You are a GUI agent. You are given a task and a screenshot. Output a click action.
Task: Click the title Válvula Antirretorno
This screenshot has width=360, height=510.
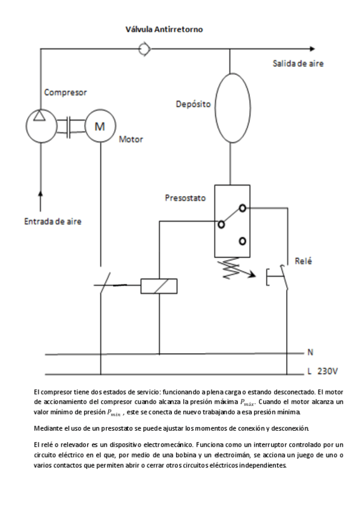click(164, 29)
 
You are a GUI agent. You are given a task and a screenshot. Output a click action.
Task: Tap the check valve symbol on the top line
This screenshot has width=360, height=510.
click(144, 49)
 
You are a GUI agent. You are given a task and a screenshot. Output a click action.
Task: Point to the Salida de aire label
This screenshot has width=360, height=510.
click(298, 63)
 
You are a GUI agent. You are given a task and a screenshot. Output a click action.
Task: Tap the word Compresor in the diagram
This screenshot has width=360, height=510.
click(66, 93)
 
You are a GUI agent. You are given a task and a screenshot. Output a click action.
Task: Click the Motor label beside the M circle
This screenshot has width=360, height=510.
click(131, 139)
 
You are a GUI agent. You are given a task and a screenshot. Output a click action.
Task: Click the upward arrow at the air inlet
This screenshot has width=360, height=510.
click(41, 194)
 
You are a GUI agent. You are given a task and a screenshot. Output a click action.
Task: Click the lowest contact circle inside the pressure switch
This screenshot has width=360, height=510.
click(242, 241)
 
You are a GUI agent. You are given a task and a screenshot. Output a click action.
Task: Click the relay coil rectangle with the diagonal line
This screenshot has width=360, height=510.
click(159, 286)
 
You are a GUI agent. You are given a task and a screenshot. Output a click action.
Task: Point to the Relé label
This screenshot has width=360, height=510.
click(304, 261)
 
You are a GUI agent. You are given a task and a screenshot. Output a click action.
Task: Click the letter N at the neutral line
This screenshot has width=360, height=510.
click(310, 352)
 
